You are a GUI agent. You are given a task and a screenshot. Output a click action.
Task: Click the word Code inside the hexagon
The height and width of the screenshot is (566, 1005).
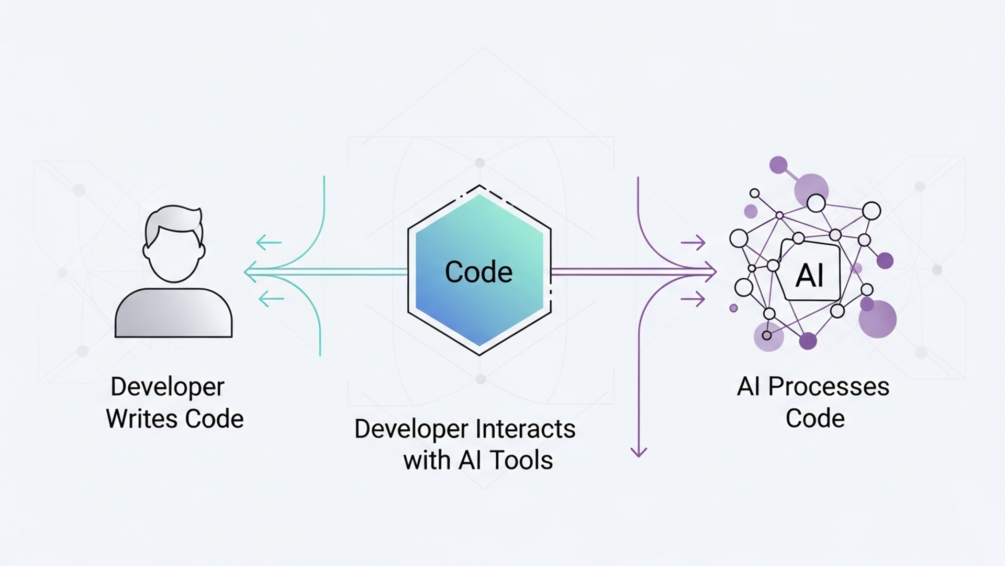coord(478,272)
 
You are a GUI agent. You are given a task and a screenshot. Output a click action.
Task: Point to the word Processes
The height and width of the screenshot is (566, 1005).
coord(829,387)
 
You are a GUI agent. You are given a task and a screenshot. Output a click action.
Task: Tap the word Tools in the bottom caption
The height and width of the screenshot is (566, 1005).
coord(521,460)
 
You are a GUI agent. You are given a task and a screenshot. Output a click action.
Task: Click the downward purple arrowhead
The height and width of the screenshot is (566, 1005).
coord(639,452)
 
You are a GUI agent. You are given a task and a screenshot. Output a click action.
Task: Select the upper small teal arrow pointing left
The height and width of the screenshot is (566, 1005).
coord(269,243)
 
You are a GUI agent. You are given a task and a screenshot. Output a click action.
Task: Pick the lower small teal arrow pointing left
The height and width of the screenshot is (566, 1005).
coord(271,299)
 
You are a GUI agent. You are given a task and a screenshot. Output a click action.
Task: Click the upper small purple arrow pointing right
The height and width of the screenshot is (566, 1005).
coord(693,243)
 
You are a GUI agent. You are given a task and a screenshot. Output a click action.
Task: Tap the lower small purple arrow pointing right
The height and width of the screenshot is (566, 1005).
coord(693,300)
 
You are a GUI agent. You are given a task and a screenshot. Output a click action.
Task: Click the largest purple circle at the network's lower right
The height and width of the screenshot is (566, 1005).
coord(878,319)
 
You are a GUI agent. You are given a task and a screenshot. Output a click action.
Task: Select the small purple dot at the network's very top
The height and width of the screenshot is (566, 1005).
coord(778,165)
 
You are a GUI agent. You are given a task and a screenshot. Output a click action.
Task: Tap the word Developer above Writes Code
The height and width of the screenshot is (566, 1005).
coord(167,387)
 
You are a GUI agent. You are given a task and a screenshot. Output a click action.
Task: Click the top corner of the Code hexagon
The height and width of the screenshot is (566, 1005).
coord(479,187)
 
